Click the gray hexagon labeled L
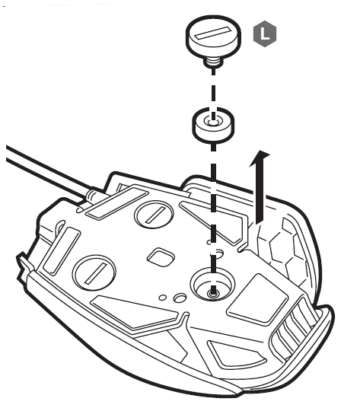265,33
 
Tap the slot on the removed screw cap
212,33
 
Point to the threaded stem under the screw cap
213,62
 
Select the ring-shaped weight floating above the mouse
213,126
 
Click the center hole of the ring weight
213,122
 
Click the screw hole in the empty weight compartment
213,293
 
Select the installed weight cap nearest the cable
154,214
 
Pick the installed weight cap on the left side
94,272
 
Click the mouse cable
47,172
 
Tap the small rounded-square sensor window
161,257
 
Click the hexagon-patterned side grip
285,252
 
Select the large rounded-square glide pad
257,298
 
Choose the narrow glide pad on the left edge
62,251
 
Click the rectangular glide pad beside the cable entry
117,202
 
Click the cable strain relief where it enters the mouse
92,196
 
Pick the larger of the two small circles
180,298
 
